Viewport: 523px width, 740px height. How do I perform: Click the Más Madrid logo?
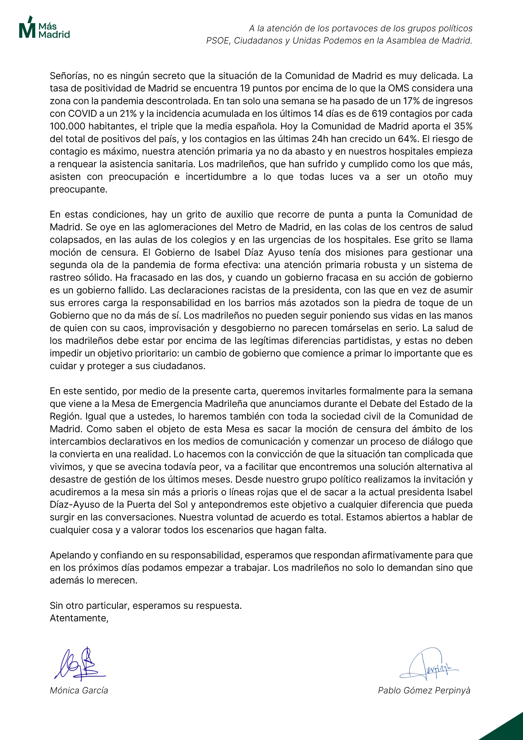coord(44,27)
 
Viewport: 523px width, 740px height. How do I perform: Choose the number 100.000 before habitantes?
coord(68,126)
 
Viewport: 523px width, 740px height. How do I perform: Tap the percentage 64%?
coord(408,139)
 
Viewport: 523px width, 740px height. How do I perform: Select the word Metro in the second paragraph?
coord(248,227)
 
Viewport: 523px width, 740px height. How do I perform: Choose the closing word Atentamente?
coord(79,618)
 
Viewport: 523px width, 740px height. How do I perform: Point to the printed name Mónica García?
coord(79,690)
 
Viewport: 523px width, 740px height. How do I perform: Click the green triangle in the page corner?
coord(507,729)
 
